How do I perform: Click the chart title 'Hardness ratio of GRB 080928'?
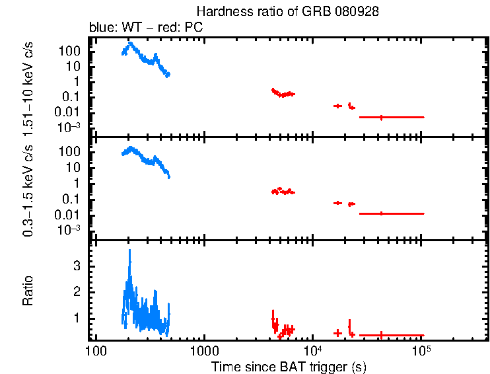[287, 13]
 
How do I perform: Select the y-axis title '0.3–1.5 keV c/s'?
[28, 188]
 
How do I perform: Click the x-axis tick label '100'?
[96, 350]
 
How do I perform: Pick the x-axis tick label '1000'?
[203, 350]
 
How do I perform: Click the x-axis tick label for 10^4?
[312, 350]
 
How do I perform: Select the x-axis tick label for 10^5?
[420, 350]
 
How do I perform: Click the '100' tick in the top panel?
[71, 50]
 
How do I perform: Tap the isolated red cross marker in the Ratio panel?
[337, 333]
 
